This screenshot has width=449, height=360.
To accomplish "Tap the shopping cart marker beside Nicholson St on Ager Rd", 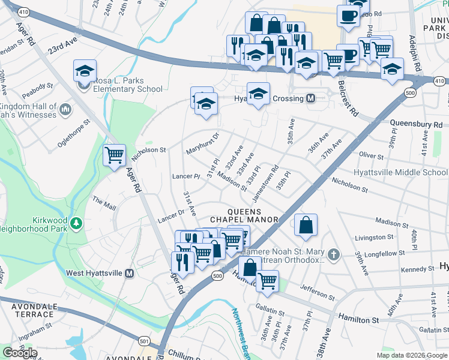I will [114, 155].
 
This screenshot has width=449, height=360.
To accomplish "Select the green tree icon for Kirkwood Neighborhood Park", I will [76, 224].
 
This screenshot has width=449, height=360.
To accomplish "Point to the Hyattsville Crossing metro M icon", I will [311, 98].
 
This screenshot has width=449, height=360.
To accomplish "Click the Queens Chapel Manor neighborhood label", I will [244, 215].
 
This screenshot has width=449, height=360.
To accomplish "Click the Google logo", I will [20, 352].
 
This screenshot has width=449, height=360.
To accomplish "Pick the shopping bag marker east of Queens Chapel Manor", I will [306, 226].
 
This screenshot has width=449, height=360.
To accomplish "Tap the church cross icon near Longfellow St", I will [334, 255].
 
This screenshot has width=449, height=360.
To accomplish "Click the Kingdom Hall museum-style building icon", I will [65, 110].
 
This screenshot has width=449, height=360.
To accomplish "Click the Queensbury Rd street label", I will [411, 124].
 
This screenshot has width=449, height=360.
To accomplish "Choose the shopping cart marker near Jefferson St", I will [267, 280].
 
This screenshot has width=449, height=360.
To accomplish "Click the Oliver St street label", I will [371, 156].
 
